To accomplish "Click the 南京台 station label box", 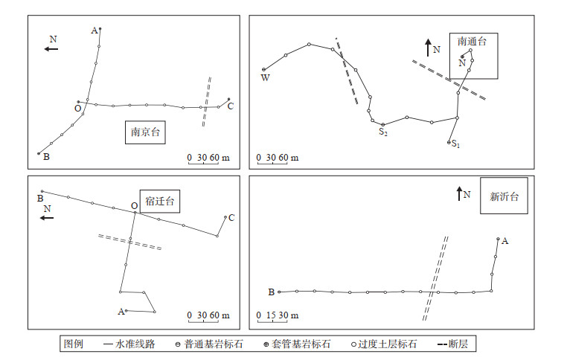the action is point(145,133).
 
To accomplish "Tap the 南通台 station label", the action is point(472,42).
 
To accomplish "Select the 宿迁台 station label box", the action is point(161,202).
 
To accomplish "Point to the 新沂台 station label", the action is point(504,197).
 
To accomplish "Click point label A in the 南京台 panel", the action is point(94,30).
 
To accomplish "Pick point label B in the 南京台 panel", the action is point(45,157).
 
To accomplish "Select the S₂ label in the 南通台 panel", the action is point(382,132).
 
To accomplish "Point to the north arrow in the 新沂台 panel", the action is point(459,193).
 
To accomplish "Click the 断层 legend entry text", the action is point(462,344).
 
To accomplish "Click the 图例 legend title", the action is point(74,344).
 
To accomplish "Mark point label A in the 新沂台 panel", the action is point(505,240).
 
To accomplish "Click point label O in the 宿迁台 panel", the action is point(133,206).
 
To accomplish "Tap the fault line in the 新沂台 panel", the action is point(436,278).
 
